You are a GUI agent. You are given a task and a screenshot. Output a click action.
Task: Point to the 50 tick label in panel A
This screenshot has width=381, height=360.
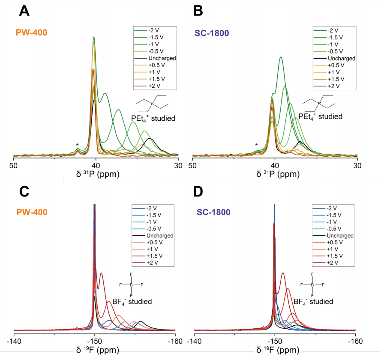[x=14, y=165]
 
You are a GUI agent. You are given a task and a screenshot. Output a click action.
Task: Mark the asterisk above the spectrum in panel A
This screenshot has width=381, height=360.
[x=77, y=145]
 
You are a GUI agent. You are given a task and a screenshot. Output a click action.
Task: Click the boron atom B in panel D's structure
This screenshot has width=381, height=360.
[x=313, y=285]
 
